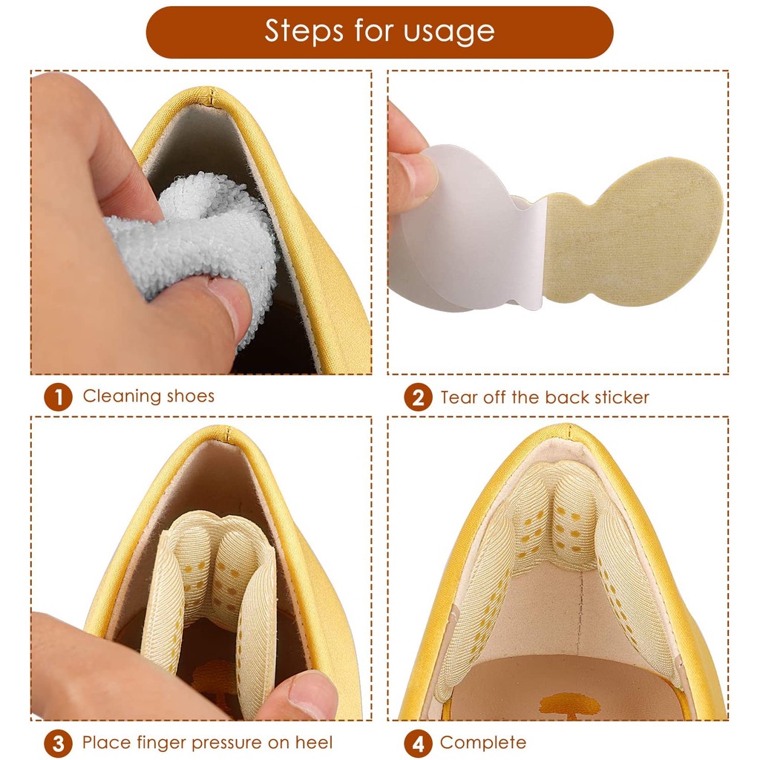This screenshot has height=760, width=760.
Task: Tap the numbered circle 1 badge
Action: [x=59, y=398]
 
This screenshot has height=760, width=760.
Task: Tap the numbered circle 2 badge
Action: [x=418, y=398]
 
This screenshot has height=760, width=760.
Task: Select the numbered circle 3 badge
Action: [x=59, y=743]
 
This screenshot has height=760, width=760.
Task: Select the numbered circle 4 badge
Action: [x=418, y=743]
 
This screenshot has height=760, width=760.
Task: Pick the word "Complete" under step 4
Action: [x=483, y=742]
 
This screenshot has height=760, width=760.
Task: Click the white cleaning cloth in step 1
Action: [x=200, y=237]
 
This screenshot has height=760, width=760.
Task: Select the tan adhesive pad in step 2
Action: [x=638, y=230]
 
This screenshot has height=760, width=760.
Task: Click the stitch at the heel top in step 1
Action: [x=212, y=95]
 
